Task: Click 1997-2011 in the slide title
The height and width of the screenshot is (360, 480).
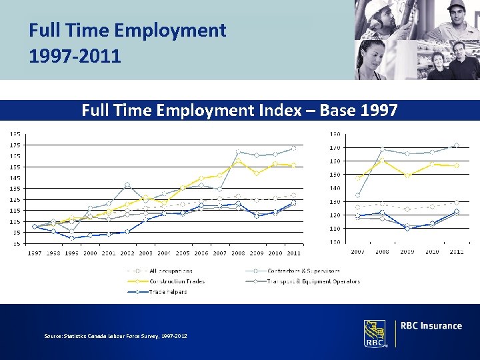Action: (x=75, y=56)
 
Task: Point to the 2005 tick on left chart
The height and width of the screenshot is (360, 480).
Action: (x=182, y=253)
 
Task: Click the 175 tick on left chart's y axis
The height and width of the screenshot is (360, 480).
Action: (x=14, y=145)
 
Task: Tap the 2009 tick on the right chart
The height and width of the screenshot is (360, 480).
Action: (x=407, y=252)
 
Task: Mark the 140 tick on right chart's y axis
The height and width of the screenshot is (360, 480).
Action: (x=335, y=188)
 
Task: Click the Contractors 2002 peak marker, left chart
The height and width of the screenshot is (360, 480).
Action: (x=127, y=185)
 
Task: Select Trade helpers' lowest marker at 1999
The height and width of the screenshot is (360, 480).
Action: (x=72, y=238)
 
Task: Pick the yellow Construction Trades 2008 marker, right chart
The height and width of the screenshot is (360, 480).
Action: (x=382, y=161)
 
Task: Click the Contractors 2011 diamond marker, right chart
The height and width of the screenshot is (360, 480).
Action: (x=456, y=145)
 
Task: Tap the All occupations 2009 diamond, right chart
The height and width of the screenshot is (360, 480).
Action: (x=407, y=209)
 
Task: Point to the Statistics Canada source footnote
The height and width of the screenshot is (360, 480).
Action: (x=115, y=336)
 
